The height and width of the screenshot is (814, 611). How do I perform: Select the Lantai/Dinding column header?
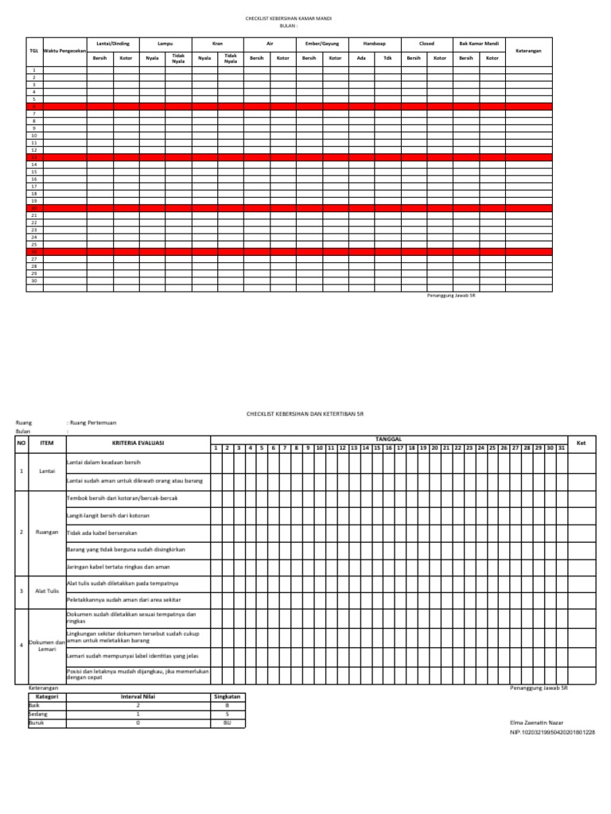click(x=112, y=44)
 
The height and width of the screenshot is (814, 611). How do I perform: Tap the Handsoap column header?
click(x=374, y=44)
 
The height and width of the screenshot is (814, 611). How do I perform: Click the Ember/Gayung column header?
click(x=321, y=44)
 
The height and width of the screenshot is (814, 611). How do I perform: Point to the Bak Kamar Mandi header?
click(x=479, y=44)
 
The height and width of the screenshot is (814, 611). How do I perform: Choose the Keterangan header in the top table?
click(x=529, y=50)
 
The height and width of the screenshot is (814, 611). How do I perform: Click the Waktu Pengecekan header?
click(x=64, y=51)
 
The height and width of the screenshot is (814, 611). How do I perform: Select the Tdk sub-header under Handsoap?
click(x=387, y=58)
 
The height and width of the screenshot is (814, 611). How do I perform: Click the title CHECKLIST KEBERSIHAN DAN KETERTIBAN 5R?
click(x=305, y=414)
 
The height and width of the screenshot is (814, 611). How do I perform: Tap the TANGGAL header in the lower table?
click(x=387, y=438)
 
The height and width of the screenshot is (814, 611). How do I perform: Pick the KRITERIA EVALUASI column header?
click(x=137, y=443)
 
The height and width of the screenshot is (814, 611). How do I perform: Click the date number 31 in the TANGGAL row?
click(x=562, y=448)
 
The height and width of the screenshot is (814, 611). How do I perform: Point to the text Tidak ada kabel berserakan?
click(x=101, y=532)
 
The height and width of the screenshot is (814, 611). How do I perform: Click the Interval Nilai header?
click(x=136, y=696)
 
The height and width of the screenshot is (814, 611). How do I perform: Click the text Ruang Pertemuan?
click(x=94, y=424)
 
